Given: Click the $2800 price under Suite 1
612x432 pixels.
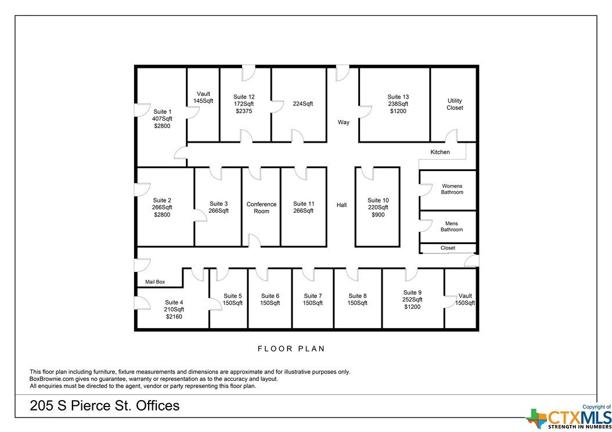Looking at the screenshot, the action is tap(162, 126).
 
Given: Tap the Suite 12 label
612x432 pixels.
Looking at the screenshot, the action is tap(244, 97).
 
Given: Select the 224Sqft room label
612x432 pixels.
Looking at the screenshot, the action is tap(303, 104).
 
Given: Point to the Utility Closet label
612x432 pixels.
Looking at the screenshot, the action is tap(455, 104).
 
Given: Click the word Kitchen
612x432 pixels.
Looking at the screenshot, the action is tap(440, 152).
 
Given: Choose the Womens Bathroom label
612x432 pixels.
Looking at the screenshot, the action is tap(452, 189).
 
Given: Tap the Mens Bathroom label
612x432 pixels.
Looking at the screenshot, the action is tap(452, 227).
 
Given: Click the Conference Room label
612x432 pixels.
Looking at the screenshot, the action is tap(261, 208).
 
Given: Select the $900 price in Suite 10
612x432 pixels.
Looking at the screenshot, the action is tap(378, 215).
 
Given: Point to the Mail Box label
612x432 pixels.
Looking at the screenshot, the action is tap(155, 282).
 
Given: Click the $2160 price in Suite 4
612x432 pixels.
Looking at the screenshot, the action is tap(174, 317).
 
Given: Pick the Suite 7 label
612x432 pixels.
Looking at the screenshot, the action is tap(312, 296).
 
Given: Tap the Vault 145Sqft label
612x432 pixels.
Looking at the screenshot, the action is tap(203, 97).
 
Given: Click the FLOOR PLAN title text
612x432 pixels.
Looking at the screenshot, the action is tap(291, 348).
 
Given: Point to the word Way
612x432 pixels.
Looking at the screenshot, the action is tap(344, 122).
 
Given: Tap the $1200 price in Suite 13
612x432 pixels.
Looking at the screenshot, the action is tap(398, 111).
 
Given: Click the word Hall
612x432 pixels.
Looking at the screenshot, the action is tap(341, 205).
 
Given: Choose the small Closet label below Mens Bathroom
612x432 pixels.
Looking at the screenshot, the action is tap(448, 248).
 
